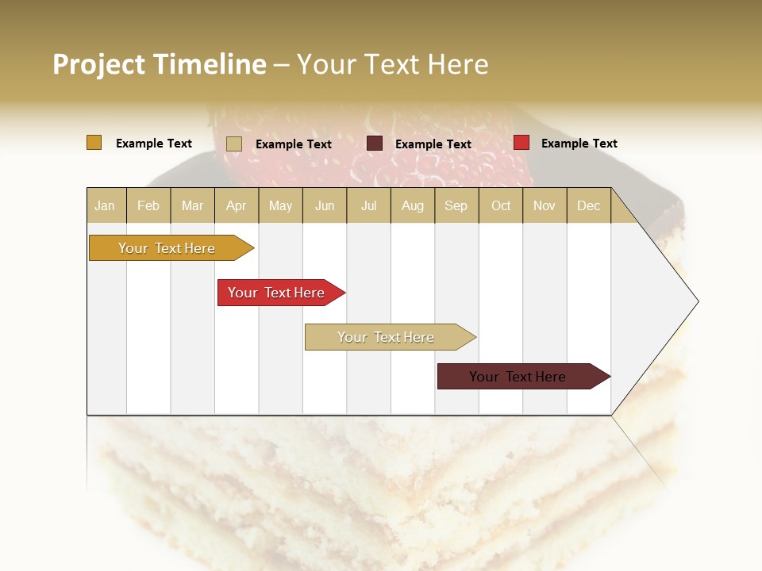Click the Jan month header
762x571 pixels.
(x=105, y=205)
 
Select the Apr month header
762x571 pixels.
(x=236, y=205)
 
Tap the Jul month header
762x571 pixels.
(x=368, y=205)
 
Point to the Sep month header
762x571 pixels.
(x=456, y=205)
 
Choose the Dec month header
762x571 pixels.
(x=588, y=205)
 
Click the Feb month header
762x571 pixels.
(x=148, y=205)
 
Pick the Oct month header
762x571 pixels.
(x=501, y=205)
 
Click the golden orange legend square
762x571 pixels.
(x=94, y=143)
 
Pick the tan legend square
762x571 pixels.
(x=233, y=144)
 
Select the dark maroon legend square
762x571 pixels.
(x=375, y=144)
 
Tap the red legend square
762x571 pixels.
(x=521, y=143)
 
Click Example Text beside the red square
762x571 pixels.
(x=579, y=144)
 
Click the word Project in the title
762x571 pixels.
(x=99, y=64)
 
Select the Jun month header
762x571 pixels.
(x=325, y=205)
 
